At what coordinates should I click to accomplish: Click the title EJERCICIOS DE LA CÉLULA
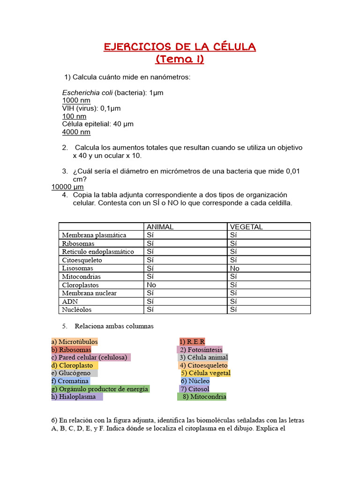click(180, 47)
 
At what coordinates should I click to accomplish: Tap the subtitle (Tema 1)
click(180, 60)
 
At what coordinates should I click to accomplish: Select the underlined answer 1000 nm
click(76, 100)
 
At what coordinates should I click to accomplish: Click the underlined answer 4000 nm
click(76, 132)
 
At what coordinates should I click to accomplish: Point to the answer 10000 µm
click(67, 187)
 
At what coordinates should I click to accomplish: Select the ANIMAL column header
click(160, 227)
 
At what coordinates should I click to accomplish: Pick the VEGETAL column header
click(246, 227)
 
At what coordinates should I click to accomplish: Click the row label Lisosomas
click(78, 268)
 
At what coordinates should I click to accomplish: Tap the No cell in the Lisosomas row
click(235, 268)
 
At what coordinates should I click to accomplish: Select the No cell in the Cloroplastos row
click(151, 285)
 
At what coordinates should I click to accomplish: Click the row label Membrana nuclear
click(89, 293)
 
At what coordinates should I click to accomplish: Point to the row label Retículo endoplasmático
click(97, 252)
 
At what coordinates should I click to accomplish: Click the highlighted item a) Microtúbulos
click(75, 342)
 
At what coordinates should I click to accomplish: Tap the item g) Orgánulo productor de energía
click(100, 389)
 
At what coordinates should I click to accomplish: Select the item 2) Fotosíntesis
click(201, 350)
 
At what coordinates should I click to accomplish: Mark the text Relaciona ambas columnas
click(114, 326)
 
